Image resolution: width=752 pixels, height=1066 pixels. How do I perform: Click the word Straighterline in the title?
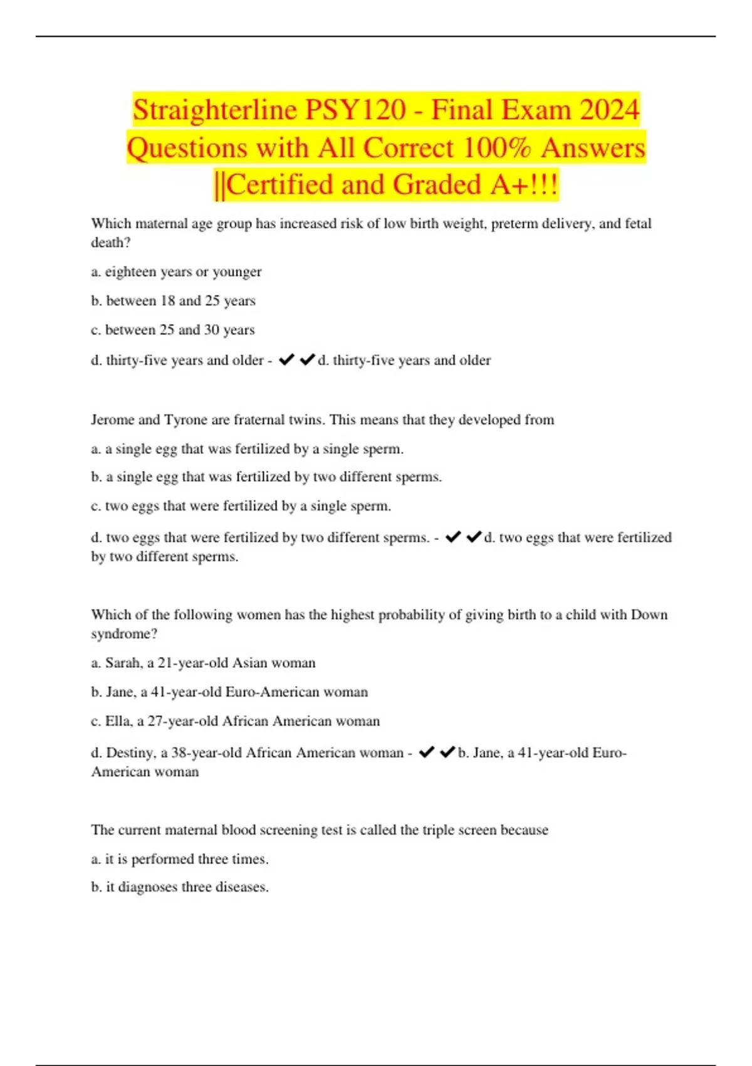tap(215, 110)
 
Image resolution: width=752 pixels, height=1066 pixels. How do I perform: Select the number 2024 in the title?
tap(609, 110)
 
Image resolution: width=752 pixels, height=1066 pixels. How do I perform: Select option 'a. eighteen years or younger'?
tap(176, 272)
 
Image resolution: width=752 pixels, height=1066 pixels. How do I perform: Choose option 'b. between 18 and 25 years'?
tap(173, 301)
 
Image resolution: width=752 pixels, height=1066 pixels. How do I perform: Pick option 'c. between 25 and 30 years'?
tap(173, 330)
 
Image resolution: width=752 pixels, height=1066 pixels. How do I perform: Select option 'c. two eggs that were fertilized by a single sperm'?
tap(241, 506)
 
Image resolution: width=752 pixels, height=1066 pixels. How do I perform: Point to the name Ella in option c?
tap(118, 721)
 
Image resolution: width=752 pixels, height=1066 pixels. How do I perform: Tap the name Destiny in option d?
tap(130, 752)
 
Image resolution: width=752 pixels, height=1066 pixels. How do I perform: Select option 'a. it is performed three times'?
tap(180, 859)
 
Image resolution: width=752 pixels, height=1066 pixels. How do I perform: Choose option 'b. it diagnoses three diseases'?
tap(180, 887)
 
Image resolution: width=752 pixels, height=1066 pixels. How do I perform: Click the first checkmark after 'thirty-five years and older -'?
tap(286, 359)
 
